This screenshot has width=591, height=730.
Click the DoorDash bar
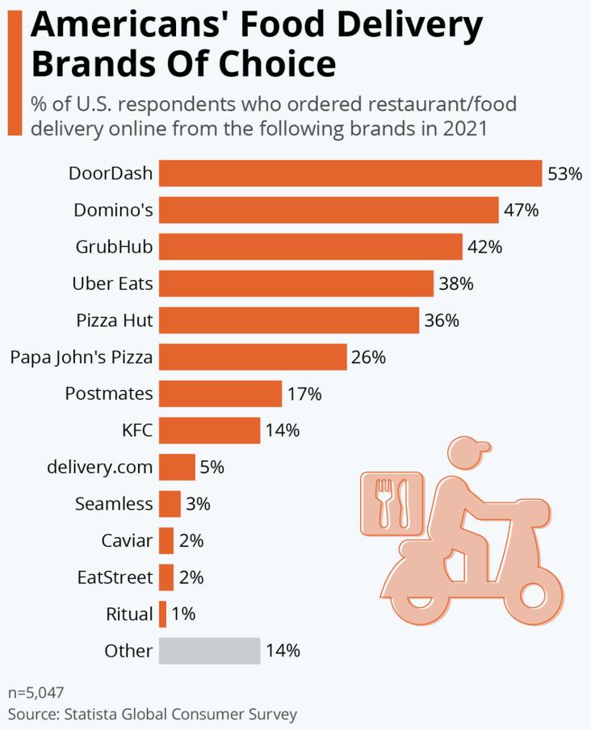pos(350,173)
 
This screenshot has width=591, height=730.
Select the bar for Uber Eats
pos(295,283)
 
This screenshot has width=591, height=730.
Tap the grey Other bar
pos(209,650)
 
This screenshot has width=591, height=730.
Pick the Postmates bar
pos(220,394)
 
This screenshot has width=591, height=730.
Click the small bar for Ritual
pos(162,614)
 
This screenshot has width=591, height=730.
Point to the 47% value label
pos(522,211)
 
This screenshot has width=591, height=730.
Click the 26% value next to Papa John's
pos(368,357)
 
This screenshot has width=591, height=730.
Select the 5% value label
pos(212,467)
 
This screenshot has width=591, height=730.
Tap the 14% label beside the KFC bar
pos(282,430)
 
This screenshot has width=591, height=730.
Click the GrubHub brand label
pos(114,246)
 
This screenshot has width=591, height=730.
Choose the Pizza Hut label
pos(114,320)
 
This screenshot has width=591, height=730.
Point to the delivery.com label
pos(99,467)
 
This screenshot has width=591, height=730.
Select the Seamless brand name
pos(113,504)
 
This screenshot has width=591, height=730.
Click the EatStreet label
pos(115,577)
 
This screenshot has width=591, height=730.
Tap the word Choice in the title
pos(273,62)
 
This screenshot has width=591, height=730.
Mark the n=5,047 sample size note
pos(36,693)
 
